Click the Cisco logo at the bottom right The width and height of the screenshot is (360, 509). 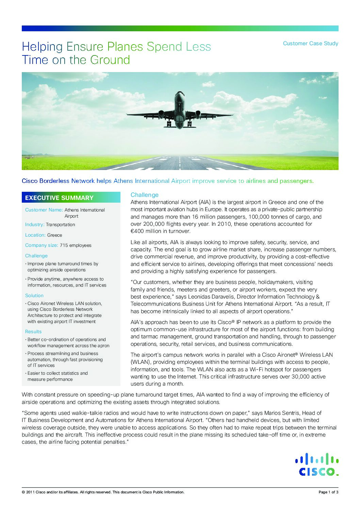coord(316,464)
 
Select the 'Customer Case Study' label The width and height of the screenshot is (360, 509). coord(310,44)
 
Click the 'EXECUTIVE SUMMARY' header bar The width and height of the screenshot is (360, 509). coord(71,198)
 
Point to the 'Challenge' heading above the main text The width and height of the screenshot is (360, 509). coord(145,195)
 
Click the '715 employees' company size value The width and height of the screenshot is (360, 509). coord(76,245)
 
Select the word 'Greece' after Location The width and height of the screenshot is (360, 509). coord(54,235)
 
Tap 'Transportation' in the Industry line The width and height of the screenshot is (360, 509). coord(60,225)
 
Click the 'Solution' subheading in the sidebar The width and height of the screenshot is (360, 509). coord(34,296)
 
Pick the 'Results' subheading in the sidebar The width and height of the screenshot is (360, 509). coord(33,332)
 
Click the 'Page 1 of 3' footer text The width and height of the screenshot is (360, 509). coord(328,492)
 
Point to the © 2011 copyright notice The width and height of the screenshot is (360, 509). coord(103,492)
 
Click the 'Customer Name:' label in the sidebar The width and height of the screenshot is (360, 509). coord(44,210)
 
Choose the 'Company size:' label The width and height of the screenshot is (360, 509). coord(42,245)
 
